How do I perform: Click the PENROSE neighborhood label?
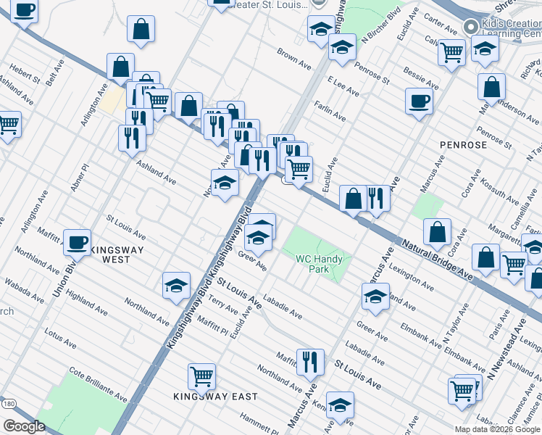pos(464,145)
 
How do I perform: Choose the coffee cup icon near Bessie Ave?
pos(420,101)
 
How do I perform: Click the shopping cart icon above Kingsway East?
pos(201,376)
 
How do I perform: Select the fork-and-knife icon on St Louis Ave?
pos(310,361)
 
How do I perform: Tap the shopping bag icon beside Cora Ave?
pos(438,232)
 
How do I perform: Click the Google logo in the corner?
pos(24,426)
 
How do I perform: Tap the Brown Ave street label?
pos(294,60)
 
